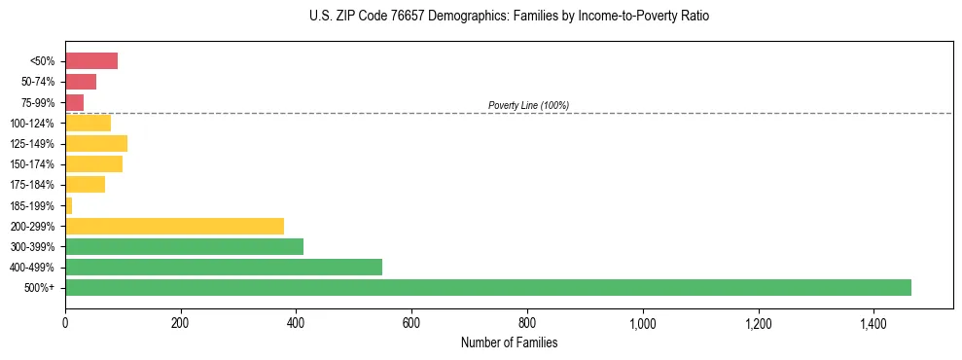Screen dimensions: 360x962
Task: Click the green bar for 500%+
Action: (487, 287)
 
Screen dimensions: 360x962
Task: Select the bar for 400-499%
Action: (224, 267)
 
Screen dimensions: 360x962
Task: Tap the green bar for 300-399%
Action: (184, 246)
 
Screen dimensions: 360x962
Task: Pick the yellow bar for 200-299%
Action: (174, 226)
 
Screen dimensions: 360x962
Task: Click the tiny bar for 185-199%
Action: (69, 205)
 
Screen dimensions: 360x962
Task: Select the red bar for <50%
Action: (91, 61)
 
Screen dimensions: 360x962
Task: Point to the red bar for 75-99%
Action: (74, 102)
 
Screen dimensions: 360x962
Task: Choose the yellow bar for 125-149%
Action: (96, 144)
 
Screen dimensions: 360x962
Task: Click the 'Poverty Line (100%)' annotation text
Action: (528, 105)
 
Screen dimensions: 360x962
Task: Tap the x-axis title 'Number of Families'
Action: (509, 342)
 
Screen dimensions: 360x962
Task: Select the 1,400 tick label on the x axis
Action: (873, 322)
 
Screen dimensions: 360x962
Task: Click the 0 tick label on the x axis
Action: (65, 322)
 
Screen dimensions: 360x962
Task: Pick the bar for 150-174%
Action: (93, 164)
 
